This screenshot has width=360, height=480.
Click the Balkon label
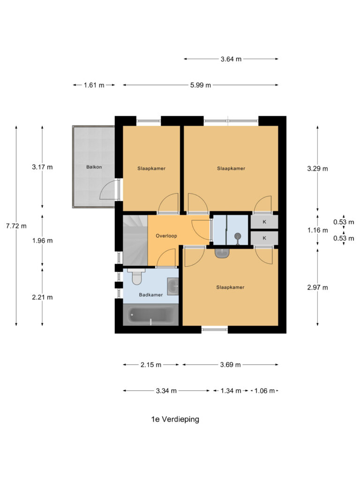tap(94, 167)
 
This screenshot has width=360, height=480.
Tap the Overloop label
tap(166, 236)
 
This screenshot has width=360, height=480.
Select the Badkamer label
tap(150, 295)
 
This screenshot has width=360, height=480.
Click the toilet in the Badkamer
tap(137, 278)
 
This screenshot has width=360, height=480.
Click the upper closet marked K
tap(264, 221)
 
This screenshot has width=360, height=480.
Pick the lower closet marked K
tap(264, 238)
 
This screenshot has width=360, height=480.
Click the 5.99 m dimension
tap(200, 85)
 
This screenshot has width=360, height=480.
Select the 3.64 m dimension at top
tap(231, 59)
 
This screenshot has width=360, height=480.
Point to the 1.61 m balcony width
tap(94, 85)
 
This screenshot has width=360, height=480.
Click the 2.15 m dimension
tap(151, 365)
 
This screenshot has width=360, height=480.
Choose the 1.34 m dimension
tap(230, 390)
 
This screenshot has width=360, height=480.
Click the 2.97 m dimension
tap(317, 287)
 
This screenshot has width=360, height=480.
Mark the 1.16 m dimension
tap(317, 230)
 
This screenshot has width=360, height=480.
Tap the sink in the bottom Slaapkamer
tap(222, 253)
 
